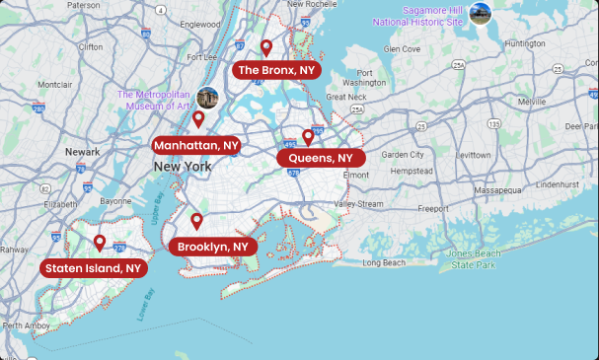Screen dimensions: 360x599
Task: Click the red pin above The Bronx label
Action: click(x=266, y=47)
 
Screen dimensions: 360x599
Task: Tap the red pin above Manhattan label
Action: click(x=198, y=119)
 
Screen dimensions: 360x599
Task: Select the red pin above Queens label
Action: click(x=308, y=137)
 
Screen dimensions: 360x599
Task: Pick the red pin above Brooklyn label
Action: click(x=197, y=221)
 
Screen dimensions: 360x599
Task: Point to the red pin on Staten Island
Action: click(x=100, y=243)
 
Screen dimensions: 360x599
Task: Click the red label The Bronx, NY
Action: click(x=276, y=70)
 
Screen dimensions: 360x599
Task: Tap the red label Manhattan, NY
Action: click(x=197, y=144)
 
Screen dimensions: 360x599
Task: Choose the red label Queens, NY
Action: click(x=321, y=158)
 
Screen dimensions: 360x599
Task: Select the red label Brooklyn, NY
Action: click(x=213, y=246)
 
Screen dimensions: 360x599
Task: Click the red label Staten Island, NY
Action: click(x=95, y=267)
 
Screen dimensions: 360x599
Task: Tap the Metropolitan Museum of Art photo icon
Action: click(x=207, y=98)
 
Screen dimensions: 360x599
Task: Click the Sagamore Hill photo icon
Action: click(x=481, y=13)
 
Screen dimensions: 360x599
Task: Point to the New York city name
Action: click(x=183, y=167)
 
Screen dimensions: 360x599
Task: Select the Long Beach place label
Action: click(x=384, y=263)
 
